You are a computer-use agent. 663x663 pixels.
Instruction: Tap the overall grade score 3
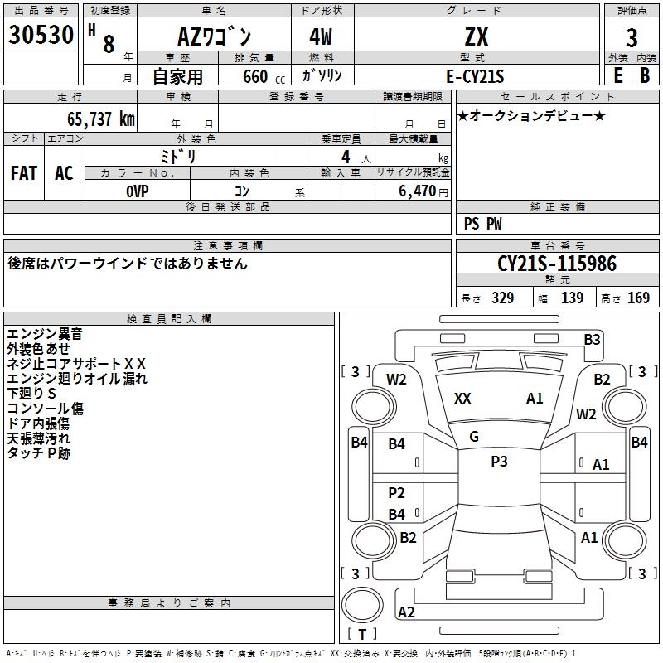coord(632,38)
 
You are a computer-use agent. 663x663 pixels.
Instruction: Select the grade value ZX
coord(477,37)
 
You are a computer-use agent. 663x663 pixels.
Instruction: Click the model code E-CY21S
coord(476,75)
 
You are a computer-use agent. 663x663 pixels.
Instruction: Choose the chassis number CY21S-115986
coord(557,264)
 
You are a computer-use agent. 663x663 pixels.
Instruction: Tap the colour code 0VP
coord(138,191)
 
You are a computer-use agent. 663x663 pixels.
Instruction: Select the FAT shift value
coord(24,173)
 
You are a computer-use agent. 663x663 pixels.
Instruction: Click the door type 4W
coord(322,37)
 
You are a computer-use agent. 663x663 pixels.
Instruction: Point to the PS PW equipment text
coord(482,224)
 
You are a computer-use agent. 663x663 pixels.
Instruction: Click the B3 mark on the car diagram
coord(592,339)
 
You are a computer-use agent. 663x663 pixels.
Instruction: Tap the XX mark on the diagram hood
coord(462,399)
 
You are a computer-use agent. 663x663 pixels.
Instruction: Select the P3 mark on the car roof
coord(499,462)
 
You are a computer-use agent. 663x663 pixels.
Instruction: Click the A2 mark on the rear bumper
coord(406,612)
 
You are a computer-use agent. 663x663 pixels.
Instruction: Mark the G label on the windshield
coord(474,437)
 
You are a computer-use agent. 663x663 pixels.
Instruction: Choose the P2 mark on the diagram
coord(397,493)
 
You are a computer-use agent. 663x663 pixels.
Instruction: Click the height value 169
coord(639,298)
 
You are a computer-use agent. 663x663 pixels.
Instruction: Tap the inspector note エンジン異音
coord(45,334)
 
